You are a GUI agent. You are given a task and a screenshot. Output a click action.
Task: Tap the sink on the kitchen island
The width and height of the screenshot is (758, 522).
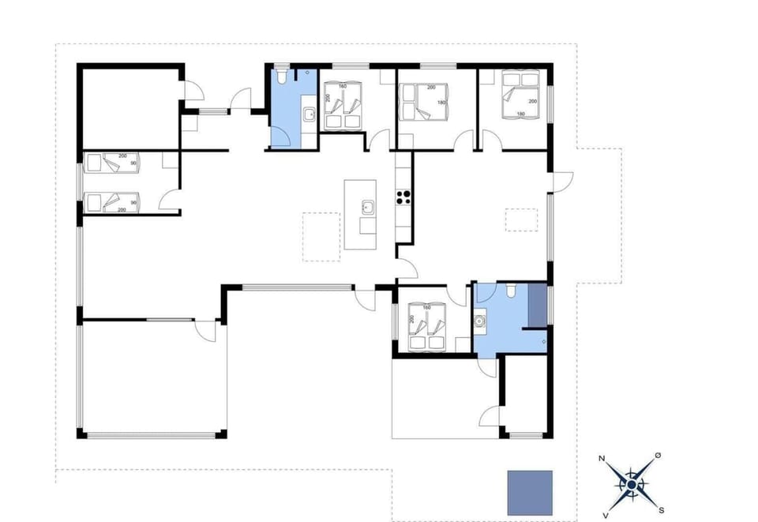pos(367,208)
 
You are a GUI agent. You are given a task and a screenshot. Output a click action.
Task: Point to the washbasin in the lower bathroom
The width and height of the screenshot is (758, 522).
pos(481,322)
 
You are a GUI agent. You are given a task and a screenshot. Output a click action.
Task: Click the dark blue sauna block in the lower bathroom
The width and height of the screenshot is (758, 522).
pos(536,305)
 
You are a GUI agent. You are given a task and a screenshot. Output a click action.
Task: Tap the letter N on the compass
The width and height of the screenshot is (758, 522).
pos(602,459)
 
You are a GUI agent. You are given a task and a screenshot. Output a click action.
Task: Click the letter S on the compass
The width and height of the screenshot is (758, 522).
pos(662,509)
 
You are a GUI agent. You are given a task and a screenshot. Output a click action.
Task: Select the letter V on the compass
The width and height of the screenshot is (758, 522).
pos(606,514)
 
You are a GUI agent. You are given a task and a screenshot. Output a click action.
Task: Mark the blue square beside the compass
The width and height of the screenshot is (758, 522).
pos(529,492)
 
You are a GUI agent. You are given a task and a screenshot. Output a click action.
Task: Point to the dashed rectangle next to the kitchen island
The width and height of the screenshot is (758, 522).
pos(323,237)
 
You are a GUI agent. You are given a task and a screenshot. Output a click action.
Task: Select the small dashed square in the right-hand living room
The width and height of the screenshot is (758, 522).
pos(520,219)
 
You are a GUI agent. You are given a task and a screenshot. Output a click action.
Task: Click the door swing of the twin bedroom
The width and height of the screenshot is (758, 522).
pos(168,201)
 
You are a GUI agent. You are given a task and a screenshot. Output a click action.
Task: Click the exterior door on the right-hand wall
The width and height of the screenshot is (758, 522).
pos(560,182)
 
